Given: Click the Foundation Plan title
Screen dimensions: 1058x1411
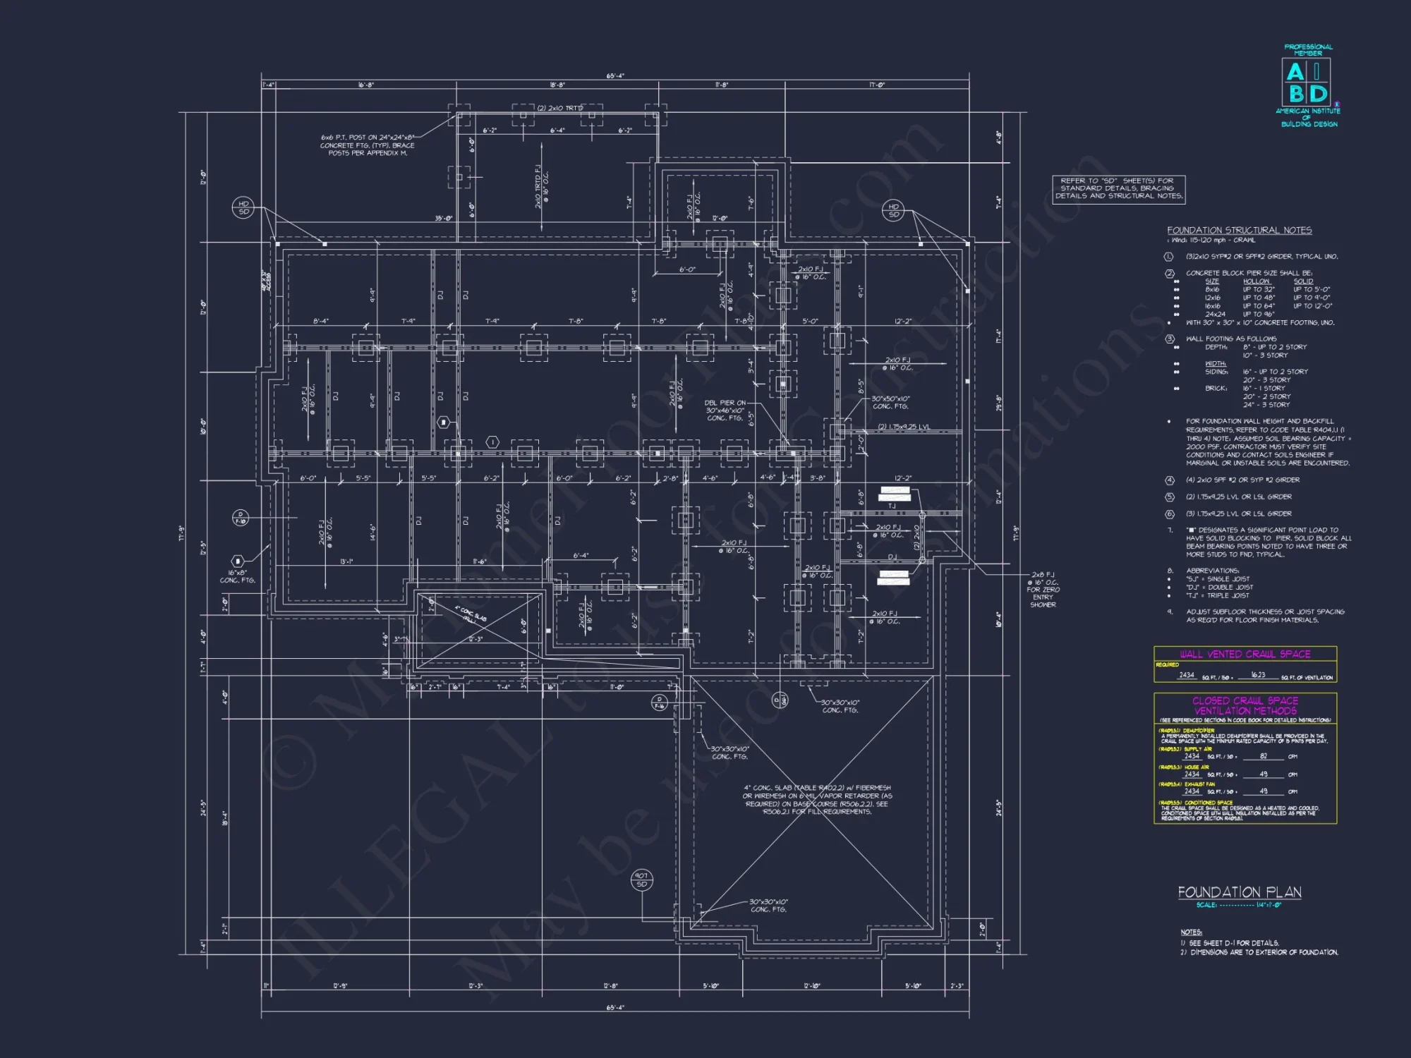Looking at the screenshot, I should click(1240, 892).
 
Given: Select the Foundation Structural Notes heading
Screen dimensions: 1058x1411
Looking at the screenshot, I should click(1239, 230).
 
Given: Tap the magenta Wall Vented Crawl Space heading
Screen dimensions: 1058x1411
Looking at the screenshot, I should click(1245, 654).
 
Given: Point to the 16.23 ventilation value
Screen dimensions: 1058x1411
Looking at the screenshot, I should click(1258, 675).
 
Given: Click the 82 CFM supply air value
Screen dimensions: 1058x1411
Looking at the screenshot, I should click(1263, 756).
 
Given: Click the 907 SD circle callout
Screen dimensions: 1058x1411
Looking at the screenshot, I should click(641, 880).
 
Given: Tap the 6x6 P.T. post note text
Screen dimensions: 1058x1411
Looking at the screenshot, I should click(367, 145).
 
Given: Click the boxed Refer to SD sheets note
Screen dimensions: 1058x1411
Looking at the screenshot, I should click(1118, 189).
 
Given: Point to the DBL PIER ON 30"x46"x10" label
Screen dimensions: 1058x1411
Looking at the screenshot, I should click(725, 411).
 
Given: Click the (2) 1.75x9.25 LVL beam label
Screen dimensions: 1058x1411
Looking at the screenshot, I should click(904, 427).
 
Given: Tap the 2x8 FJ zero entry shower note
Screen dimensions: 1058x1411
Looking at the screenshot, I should click(1042, 590).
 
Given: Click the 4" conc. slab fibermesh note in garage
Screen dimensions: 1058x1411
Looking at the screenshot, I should click(817, 799).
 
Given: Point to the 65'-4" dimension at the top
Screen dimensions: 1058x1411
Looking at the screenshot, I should click(615, 76).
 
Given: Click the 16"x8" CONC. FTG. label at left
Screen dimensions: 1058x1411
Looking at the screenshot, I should click(237, 576).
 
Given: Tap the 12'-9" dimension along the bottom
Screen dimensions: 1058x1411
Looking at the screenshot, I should click(340, 986).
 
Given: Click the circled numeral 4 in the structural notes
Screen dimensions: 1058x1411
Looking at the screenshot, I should click(1169, 480).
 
